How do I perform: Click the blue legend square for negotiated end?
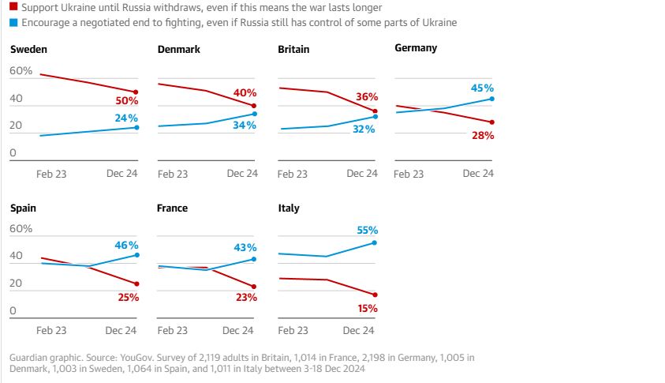pos(5,23)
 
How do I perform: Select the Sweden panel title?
pos(28,49)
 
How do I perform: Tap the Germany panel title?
pos(416,48)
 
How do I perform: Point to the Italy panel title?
pos(289,208)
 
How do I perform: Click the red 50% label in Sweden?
pos(127,101)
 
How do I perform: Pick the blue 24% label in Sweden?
pos(127,118)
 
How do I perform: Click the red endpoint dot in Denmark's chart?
pos(254,106)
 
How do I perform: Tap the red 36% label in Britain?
pos(367,96)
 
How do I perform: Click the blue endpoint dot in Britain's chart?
pos(375,117)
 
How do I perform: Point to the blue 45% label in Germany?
pos(482,88)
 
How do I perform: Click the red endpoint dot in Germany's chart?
pos(492,122)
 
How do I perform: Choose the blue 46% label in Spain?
pos(126,246)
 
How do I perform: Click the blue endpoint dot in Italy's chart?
pos(375,242)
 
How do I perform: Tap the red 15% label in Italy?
pos(367,308)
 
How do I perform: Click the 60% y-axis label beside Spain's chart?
pos(21,229)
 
